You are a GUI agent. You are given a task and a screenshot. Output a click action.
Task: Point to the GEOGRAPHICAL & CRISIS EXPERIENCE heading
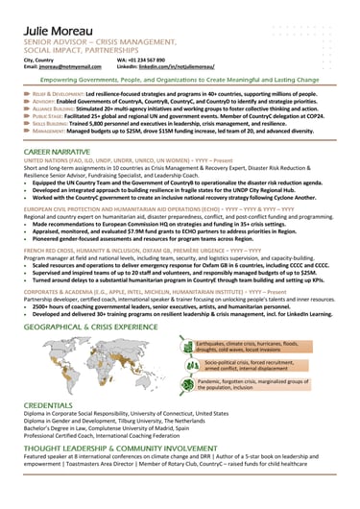pyautogui.click(x=91, y=327)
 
